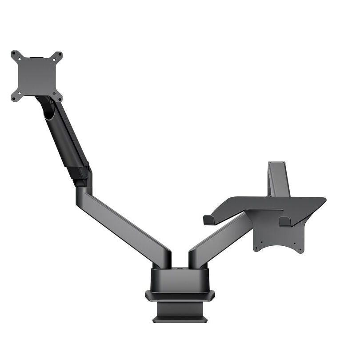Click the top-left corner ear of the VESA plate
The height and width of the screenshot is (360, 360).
click(x=16, y=56)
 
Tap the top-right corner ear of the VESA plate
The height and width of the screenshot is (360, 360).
click(x=58, y=56)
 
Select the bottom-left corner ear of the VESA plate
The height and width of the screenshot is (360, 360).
click(x=16, y=97)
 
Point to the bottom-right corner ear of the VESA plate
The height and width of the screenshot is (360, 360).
click(x=58, y=97)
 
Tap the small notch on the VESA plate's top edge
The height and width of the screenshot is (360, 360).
click(x=36, y=57)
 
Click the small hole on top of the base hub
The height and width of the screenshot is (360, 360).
click(x=180, y=268)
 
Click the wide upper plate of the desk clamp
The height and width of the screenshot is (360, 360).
click(x=180, y=295)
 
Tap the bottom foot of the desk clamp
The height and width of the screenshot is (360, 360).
click(x=180, y=319)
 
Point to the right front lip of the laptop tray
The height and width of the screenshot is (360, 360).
click(x=284, y=221)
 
